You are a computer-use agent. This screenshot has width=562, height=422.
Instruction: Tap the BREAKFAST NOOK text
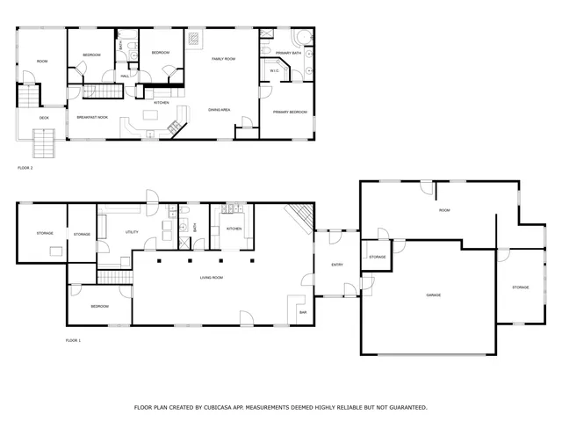pos(92,117)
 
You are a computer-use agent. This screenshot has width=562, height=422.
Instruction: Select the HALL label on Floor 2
pos(125,76)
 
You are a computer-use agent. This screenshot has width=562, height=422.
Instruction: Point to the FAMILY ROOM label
pos(223,59)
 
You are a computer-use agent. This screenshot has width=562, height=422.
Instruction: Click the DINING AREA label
pos(219,110)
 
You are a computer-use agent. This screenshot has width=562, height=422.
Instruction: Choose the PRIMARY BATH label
pos(288,54)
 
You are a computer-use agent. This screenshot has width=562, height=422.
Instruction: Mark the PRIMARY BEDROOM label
pos(289,112)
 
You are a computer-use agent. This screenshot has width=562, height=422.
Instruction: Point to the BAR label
pos(302,312)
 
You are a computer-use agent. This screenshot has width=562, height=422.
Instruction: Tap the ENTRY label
pos(337,265)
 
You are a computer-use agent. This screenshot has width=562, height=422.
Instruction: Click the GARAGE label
pos(433,295)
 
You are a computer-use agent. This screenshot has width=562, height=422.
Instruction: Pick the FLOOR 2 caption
pos(25,167)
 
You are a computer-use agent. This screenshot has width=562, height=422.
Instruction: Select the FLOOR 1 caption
pos(73,340)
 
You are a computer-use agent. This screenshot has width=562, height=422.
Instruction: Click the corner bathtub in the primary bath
pos(300,37)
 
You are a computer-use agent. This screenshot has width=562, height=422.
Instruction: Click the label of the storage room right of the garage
pos(521,287)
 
